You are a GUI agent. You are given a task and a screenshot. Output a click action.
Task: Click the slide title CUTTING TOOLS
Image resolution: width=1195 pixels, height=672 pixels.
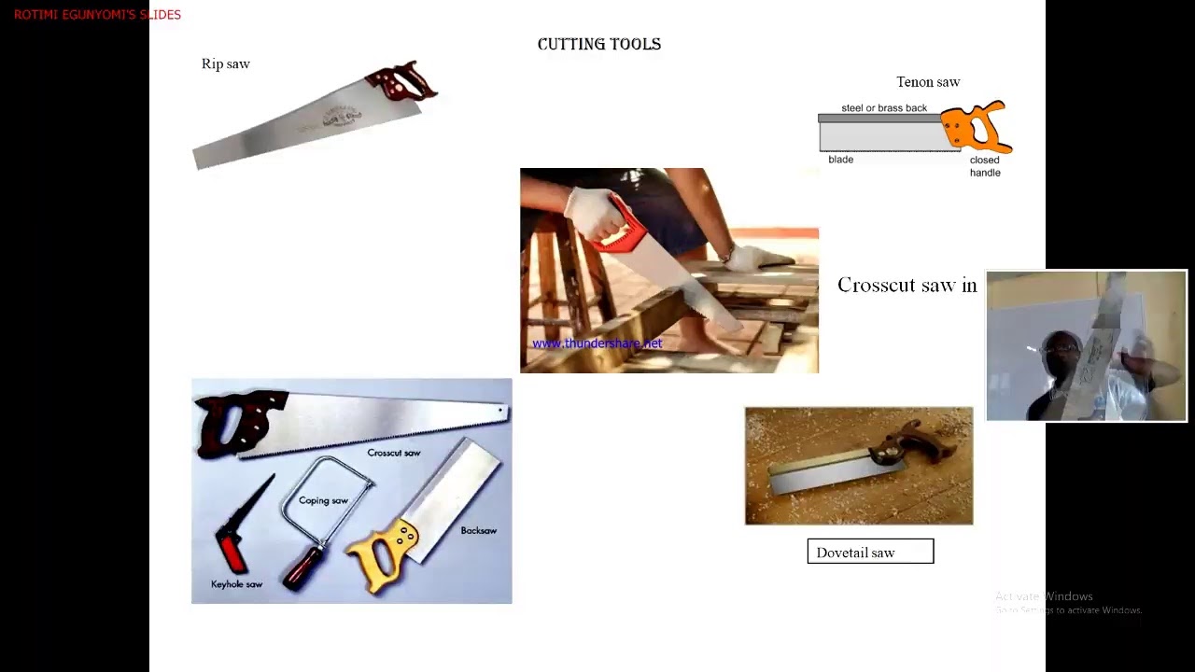click(x=598, y=44)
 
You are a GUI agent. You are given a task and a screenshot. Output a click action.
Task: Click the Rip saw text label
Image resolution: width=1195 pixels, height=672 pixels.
click(x=225, y=63)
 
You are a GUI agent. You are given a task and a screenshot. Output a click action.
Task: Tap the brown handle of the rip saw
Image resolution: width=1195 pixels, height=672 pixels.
click(x=401, y=82)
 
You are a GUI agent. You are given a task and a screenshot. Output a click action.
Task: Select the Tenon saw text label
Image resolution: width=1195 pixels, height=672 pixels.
click(x=927, y=82)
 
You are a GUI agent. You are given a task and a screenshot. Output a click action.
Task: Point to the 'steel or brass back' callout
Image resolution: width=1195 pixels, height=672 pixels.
click(x=883, y=108)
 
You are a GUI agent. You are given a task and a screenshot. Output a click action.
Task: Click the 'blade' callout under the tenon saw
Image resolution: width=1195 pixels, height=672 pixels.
click(x=840, y=160)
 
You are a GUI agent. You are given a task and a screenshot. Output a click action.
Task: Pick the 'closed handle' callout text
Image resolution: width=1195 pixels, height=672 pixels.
click(x=984, y=166)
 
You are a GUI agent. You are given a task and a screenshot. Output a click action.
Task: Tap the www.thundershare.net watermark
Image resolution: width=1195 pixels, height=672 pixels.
click(x=597, y=343)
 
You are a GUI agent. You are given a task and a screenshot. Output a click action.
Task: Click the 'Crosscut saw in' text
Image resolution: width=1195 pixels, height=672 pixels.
click(x=907, y=285)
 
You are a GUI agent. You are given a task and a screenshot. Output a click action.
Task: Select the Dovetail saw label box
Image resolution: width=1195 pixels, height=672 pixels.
click(x=869, y=552)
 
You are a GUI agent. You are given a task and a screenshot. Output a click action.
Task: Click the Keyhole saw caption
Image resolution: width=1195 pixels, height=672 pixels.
click(x=236, y=584)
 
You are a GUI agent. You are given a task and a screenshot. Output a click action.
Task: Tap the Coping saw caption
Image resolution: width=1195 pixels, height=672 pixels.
click(x=323, y=500)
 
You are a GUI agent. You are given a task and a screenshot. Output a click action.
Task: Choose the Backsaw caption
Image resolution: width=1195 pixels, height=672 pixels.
click(x=478, y=530)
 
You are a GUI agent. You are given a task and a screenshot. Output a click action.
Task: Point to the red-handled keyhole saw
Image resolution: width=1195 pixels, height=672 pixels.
click(x=233, y=541)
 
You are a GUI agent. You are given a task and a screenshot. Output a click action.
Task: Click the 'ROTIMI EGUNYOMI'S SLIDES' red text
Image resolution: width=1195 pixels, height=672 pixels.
click(x=97, y=15)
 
